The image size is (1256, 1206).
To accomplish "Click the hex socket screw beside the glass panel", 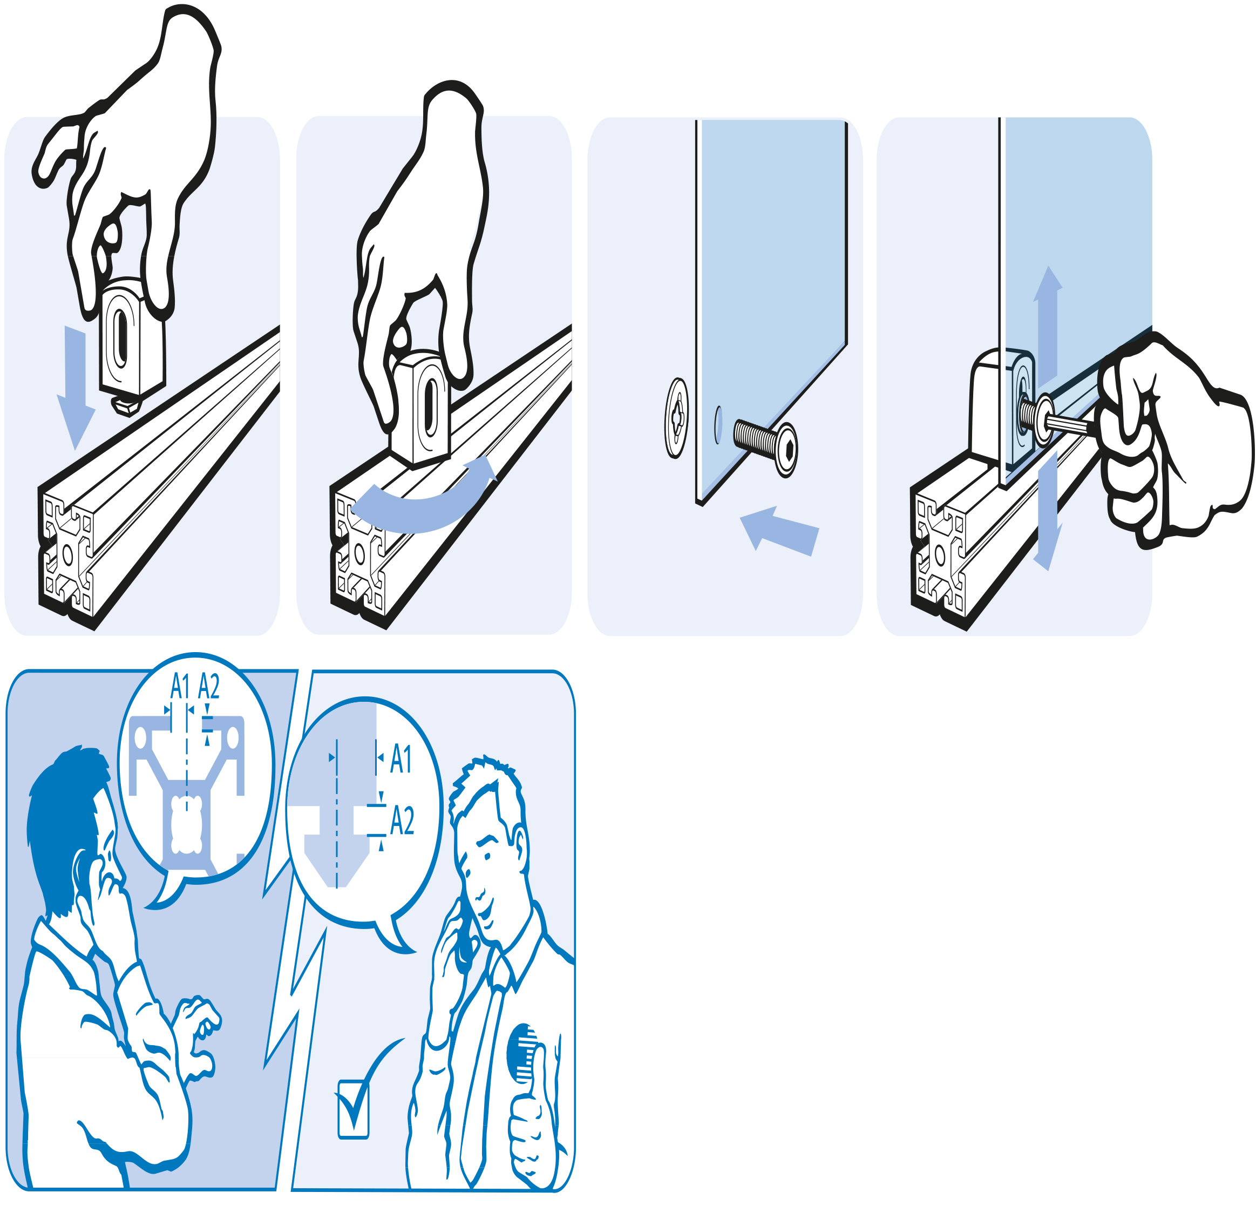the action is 766,443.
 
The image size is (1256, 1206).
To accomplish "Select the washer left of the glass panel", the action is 677,418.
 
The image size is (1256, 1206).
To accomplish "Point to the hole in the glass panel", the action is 718,425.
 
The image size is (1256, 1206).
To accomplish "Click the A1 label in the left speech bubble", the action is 180,686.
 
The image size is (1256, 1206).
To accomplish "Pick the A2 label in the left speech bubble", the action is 209,686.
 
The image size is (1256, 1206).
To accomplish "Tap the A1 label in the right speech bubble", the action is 400,760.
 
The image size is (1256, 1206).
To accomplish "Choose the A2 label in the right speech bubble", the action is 402,820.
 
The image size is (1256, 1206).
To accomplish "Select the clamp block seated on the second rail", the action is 420,408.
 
